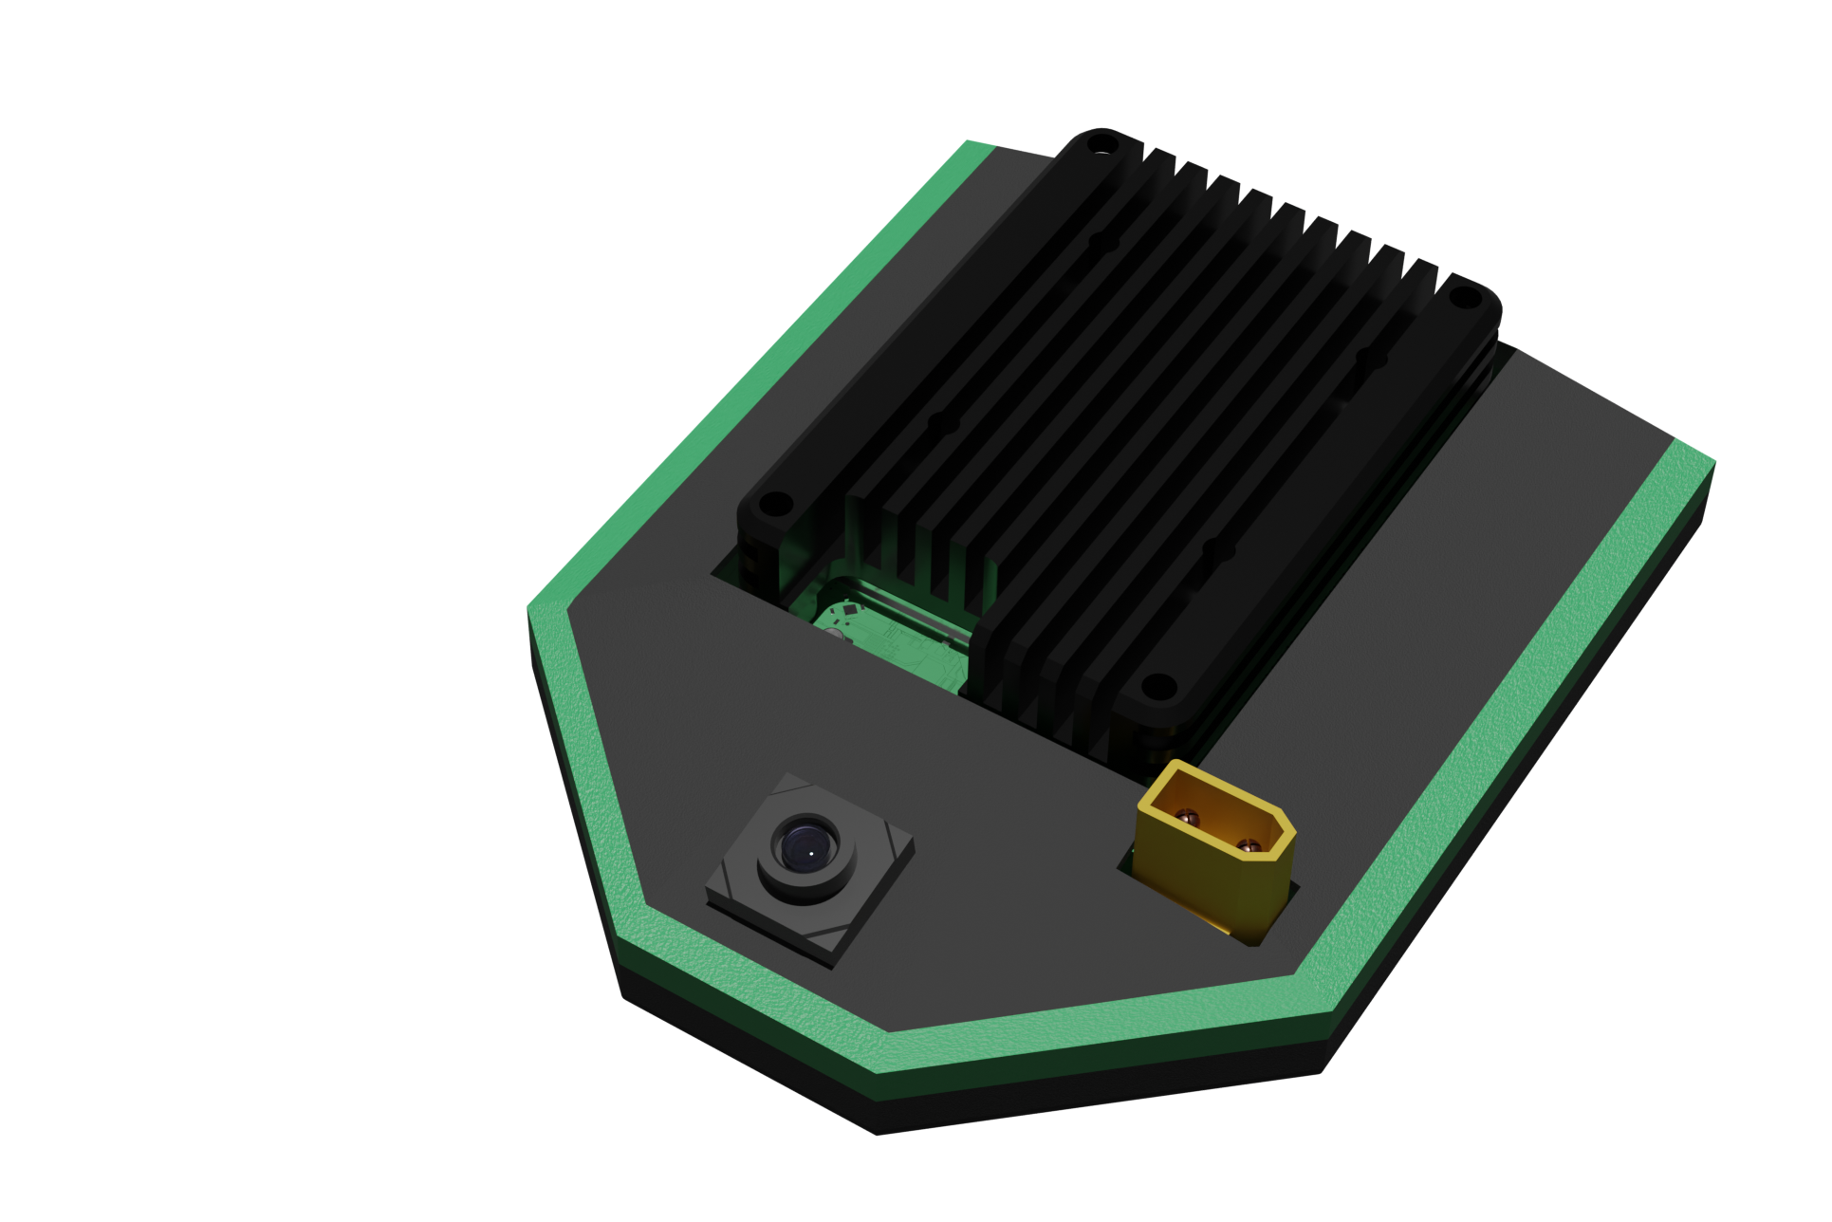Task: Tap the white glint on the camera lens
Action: pos(811,852)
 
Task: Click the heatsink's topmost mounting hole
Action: pos(1101,145)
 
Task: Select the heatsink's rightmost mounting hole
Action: pos(1464,299)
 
